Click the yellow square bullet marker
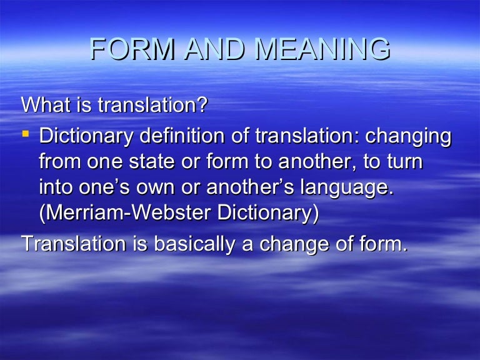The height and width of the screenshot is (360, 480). tap(27, 133)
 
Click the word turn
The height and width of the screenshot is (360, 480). tap(402, 162)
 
